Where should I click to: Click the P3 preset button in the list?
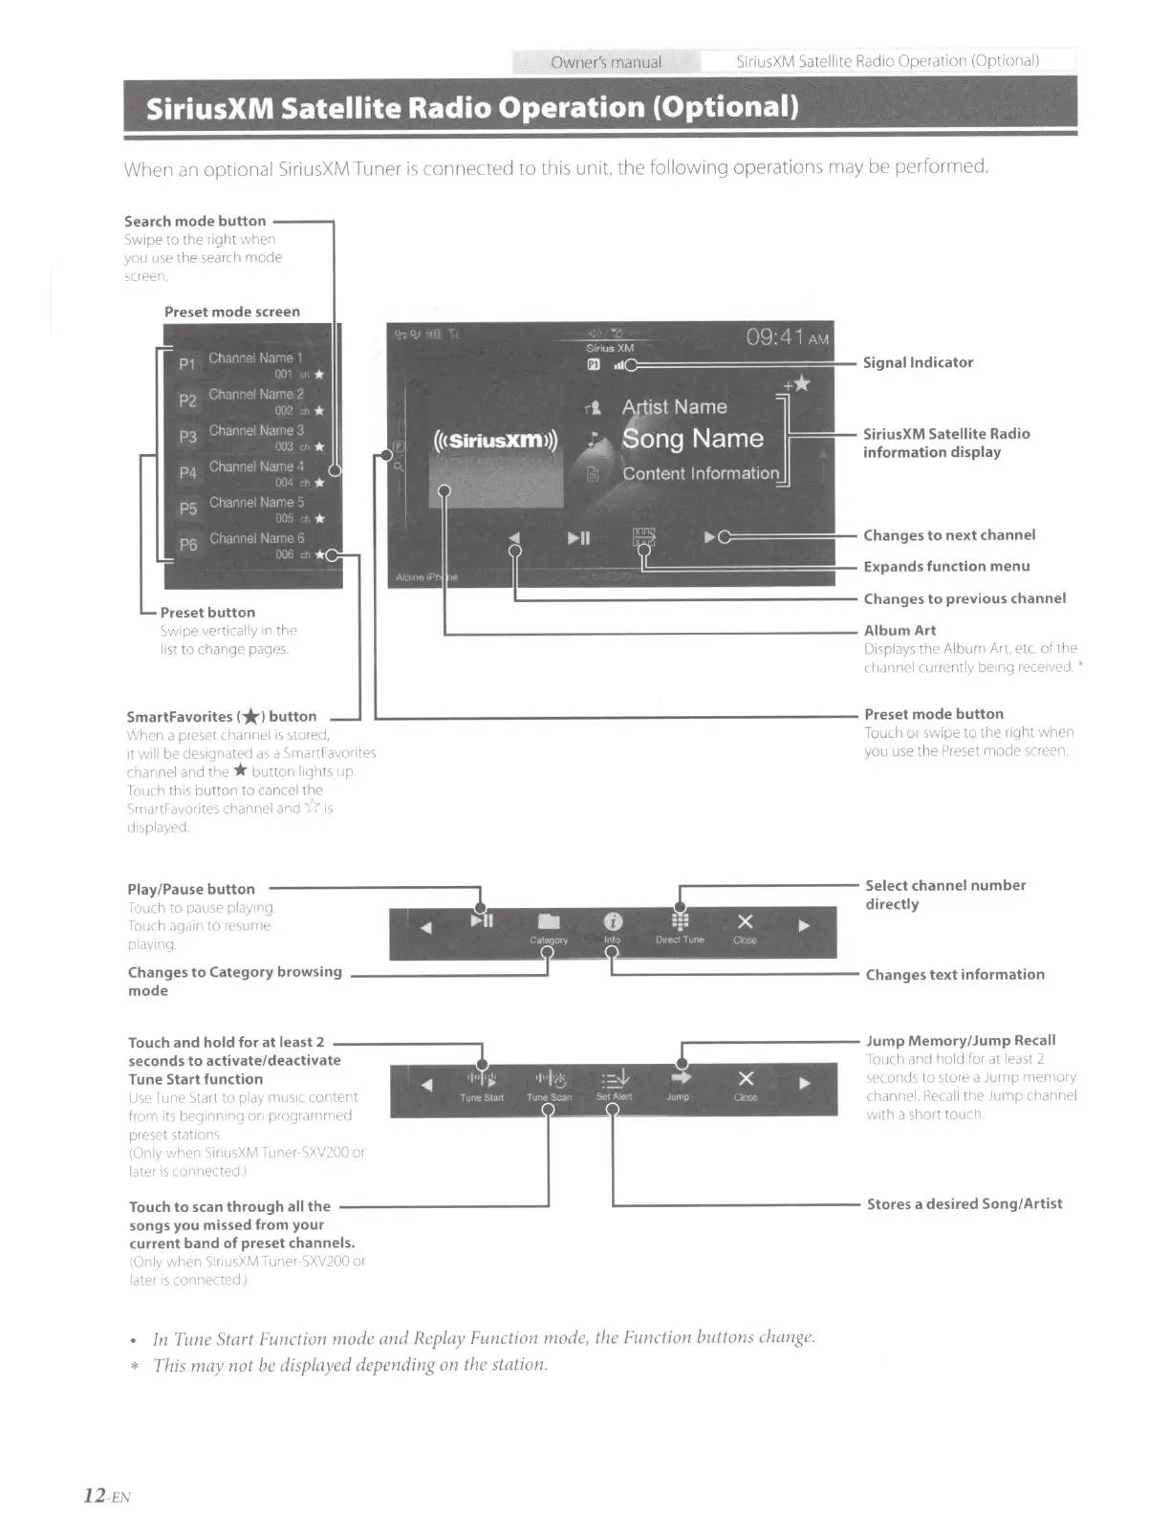click(188, 437)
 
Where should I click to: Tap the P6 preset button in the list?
click(188, 545)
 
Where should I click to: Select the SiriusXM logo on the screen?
click(495, 441)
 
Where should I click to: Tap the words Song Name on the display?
click(692, 439)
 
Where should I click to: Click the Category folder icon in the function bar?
click(549, 921)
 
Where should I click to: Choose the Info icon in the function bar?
click(613, 921)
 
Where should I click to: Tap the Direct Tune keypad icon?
click(680, 921)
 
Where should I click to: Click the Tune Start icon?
click(482, 1080)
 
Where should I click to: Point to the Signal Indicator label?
click(918, 363)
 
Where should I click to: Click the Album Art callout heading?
click(899, 631)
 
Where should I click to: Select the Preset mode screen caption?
click(232, 313)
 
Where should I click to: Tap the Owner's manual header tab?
click(606, 63)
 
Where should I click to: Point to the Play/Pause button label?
click(191, 890)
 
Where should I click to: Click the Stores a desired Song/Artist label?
click(964, 1204)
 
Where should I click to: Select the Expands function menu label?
click(946, 567)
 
